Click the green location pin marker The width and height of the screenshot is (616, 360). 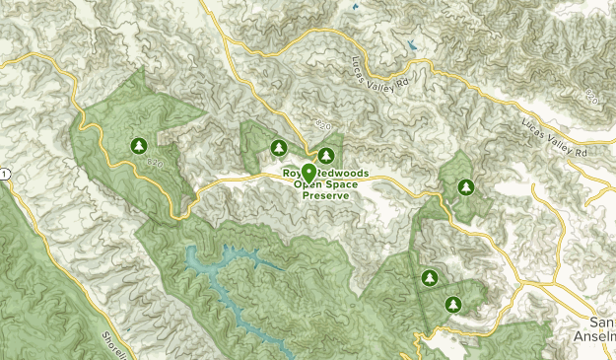pos(308,174)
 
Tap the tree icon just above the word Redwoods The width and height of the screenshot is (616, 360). pos(324,156)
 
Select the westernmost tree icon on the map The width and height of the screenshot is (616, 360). pos(139,146)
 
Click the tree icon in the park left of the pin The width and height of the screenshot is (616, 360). pos(279,148)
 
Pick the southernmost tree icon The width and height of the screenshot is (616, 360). pos(452,304)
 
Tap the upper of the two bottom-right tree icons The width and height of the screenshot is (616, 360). pos(429,278)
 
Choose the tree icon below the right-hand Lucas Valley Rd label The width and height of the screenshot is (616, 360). pos(464,186)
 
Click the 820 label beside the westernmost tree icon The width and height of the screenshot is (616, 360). pos(155,165)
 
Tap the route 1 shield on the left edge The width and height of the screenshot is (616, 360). pos(5,174)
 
